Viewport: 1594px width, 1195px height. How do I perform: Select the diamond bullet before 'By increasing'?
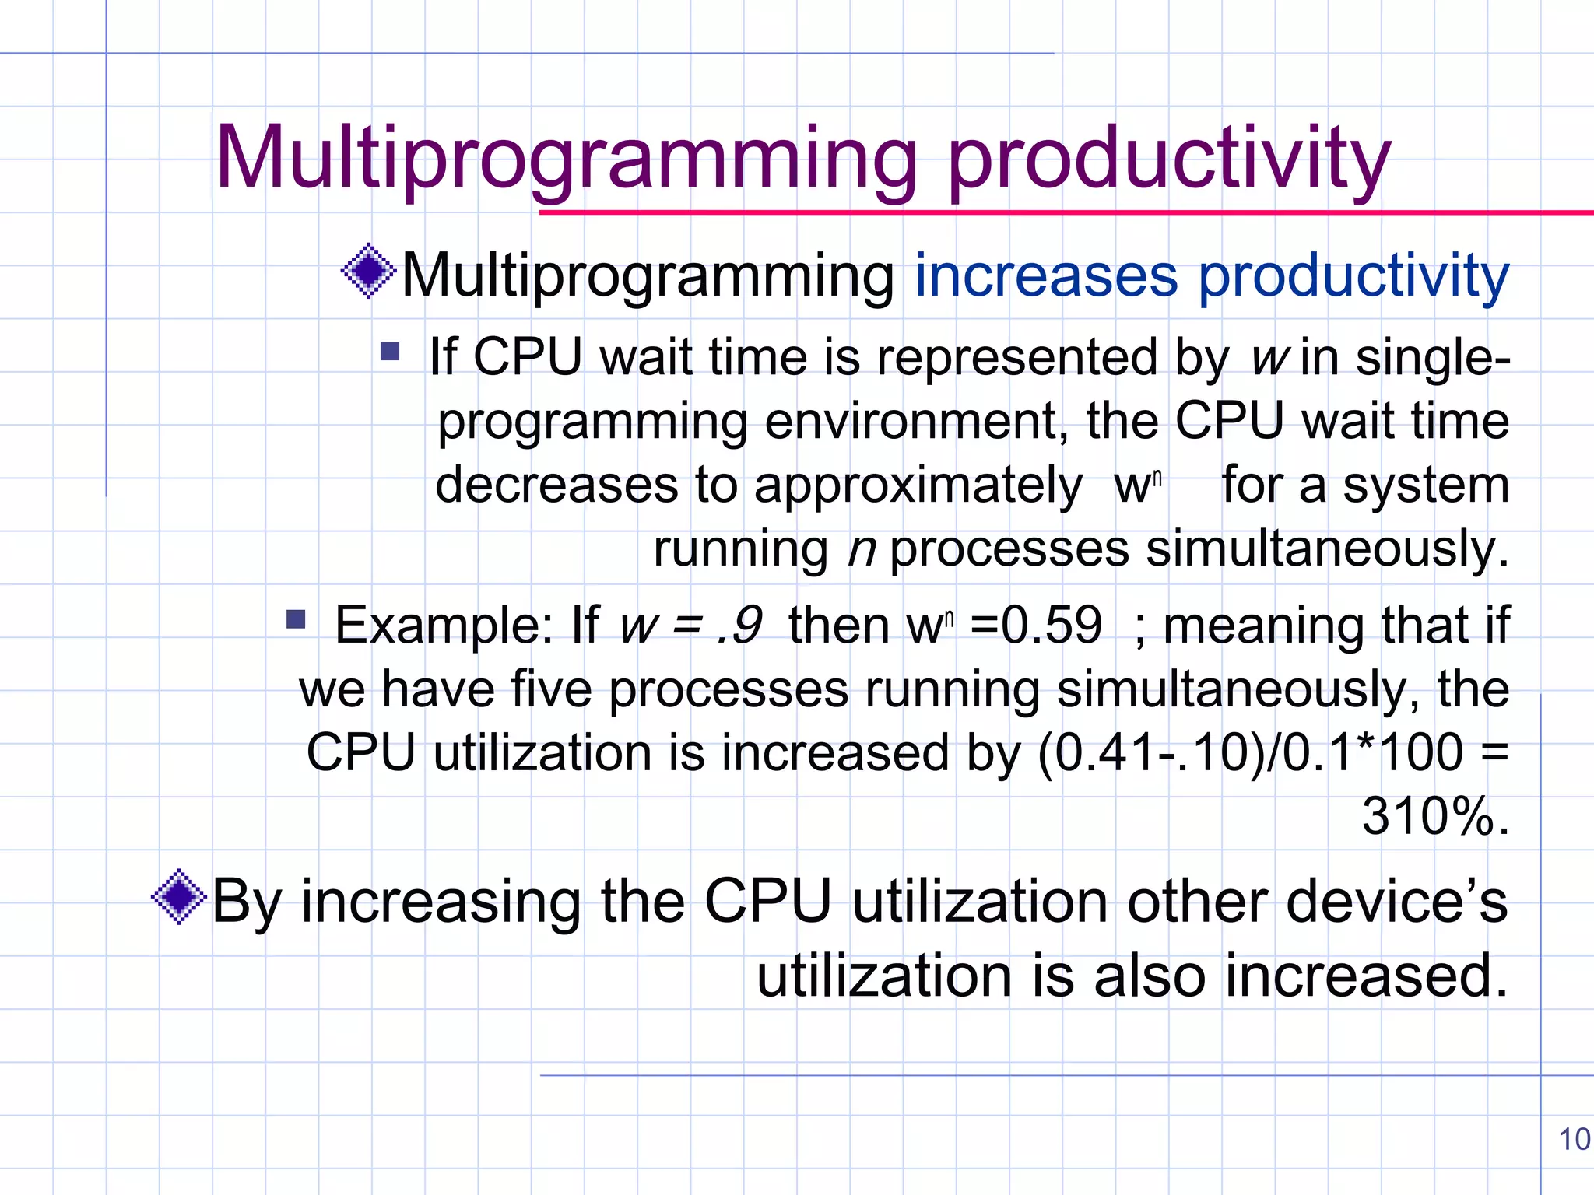pyautogui.click(x=180, y=897)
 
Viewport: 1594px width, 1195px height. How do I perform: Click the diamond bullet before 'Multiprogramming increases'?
pyautogui.click(x=369, y=271)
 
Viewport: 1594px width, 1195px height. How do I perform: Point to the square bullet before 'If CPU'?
pyautogui.click(x=390, y=352)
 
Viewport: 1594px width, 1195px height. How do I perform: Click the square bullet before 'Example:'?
pyautogui.click(x=296, y=619)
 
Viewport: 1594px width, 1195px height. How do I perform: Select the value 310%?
pyautogui.click(x=1434, y=817)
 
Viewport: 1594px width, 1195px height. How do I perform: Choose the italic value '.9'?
pyautogui.click(x=739, y=625)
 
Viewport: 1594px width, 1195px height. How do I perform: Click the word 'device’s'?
pyautogui.click(x=1396, y=902)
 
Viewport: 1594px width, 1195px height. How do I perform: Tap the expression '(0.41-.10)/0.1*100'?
pyautogui.click(x=1250, y=753)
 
